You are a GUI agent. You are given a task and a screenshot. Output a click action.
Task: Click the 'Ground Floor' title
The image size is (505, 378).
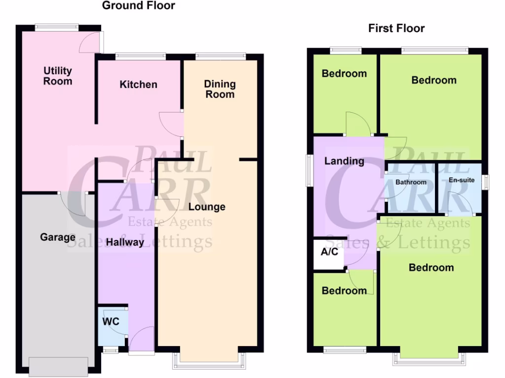[138, 6]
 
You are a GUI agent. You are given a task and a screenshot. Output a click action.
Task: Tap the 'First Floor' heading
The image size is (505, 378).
[397, 29]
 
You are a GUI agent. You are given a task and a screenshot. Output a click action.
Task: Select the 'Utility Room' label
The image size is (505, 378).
[58, 76]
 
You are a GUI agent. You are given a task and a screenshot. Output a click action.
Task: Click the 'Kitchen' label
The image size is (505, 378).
[139, 85]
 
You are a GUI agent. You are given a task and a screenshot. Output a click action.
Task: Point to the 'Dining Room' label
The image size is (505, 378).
[220, 89]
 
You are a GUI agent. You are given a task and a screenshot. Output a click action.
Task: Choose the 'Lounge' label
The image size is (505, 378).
[207, 207]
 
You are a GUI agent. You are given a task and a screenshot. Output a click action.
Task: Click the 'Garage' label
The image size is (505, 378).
[58, 238]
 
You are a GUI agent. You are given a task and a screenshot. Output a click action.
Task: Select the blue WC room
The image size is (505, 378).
[112, 325]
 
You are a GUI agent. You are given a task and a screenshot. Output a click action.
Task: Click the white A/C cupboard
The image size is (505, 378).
[329, 253]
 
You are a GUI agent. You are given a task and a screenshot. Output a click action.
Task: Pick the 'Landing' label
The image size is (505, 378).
[344, 161]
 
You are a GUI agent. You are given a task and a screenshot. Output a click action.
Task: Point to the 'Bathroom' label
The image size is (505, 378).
[411, 182]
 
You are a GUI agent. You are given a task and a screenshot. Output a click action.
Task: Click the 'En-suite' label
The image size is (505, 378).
[462, 180]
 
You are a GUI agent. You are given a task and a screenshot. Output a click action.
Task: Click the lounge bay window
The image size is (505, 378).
[209, 362]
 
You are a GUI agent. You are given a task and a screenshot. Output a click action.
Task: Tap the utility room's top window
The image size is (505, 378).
[57, 27]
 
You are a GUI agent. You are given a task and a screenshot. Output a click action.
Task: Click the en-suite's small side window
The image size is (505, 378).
[486, 182]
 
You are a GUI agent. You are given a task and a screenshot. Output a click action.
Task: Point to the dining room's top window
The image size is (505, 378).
[220, 56]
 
